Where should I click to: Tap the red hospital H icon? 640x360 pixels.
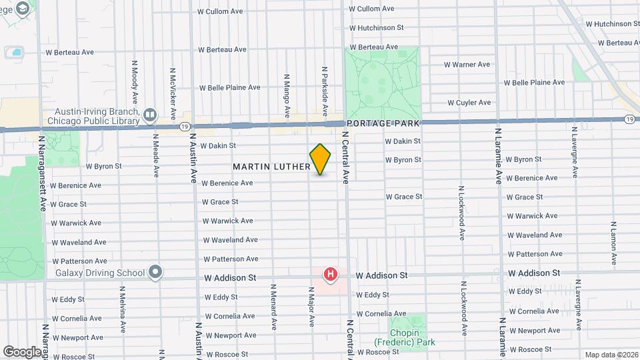pyautogui.click(x=330, y=274)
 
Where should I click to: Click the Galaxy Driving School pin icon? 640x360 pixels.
pyautogui.click(x=155, y=272)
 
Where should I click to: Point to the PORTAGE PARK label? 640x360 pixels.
pyautogui.click(x=382, y=124)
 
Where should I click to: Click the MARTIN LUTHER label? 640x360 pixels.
pyautogui.click(x=271, y=166)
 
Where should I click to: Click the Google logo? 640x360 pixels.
pyautogui.click(x=22, y=351)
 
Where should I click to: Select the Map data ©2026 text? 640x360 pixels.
pyautogui.click(x=611, y=355)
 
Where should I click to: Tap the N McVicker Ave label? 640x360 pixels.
pyautogui.click(x=173, y=91)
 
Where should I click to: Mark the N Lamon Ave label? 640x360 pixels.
pyautogui.click(x=613, y=241)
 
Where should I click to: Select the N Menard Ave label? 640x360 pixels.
pyautogui.click(x=273, y=307)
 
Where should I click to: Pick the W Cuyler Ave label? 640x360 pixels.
pyautogui.click(x=469, y=103)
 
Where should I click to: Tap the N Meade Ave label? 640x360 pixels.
pyautogui.click(x=155, y=155)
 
